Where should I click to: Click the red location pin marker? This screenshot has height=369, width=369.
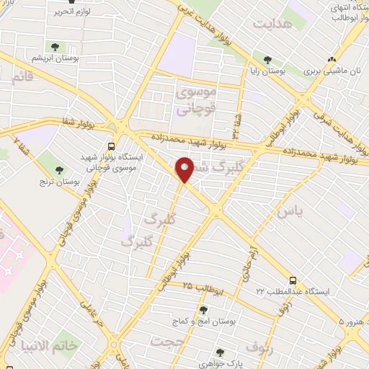(184, 169)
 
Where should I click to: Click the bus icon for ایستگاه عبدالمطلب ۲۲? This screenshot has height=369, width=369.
(291, 280)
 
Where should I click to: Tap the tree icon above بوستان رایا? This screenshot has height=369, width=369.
(267, 61)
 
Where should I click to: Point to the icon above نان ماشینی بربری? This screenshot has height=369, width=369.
(331, 60)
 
